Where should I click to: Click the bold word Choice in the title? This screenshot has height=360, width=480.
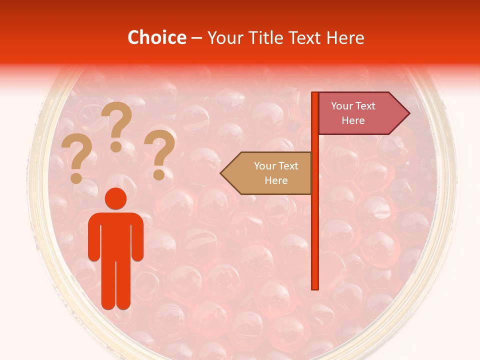157,37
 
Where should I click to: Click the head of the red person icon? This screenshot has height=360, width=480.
115,198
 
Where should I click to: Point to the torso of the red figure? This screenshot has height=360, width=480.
115,235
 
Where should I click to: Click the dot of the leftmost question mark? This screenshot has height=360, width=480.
76,177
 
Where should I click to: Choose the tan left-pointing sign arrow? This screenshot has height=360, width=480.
267,173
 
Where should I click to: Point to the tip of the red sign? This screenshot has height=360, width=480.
408,113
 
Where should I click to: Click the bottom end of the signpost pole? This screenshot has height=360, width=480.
315,287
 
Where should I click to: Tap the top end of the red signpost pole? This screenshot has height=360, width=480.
315,94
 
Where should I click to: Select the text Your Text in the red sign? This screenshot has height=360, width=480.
353,106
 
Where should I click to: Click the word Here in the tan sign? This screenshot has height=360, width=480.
276,180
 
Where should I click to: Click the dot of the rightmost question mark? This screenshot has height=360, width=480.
159,175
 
